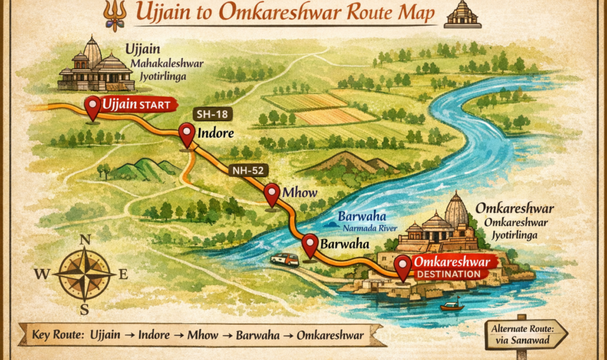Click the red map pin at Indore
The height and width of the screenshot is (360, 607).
pos(187,133)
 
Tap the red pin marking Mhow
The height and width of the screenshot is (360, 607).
pos(272,193)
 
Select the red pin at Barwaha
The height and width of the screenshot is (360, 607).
pos(310,244)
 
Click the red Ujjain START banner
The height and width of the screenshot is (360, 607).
pos(136,105)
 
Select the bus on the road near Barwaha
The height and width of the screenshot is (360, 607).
pos(284,259)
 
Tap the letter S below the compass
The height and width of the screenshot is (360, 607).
pos(84,309)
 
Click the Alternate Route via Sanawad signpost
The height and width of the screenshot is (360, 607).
pos(526,334)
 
